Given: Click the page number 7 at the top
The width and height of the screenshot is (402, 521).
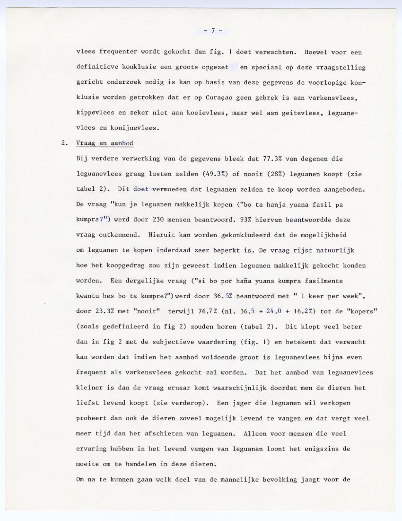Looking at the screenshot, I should (x=213, y=31).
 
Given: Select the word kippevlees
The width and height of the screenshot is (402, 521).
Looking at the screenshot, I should (x=95, y=113).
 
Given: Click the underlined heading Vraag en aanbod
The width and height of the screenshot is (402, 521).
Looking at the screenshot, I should (x=105, y=143).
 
